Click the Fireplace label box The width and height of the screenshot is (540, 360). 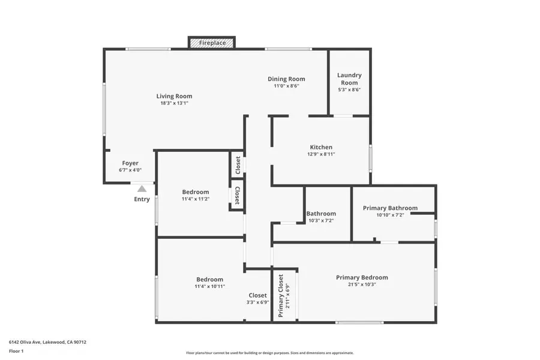click(212, 43)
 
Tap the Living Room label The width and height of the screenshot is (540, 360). click(174, 96)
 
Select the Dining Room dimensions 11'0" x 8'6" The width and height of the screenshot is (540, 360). click(286, 86)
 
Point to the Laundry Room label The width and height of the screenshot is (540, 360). click(349, 79)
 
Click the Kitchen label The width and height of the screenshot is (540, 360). click(321, 147)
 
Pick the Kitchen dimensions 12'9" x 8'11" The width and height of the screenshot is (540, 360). click(321, 154)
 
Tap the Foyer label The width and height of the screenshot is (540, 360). click(130, 163)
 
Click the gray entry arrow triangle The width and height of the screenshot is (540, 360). click(142, 188)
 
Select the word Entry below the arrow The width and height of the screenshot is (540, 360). click(142, 199)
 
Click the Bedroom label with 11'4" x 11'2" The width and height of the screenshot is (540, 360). click(196, 192)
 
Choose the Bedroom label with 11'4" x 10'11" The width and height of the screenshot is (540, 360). click(209, 279)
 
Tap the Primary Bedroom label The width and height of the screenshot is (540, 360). click(362, 277)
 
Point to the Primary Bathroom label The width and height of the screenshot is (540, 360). click(390, 208)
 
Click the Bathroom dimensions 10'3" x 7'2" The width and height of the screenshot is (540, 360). click(321, 220)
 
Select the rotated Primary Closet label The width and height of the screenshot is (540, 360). click(280, 296)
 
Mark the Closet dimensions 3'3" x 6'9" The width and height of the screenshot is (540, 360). click(258, 302)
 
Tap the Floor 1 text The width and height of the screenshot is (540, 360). click(16, 350)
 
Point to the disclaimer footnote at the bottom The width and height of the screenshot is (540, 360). click(269, 353)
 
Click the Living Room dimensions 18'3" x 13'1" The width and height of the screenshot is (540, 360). click(174, 103)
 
